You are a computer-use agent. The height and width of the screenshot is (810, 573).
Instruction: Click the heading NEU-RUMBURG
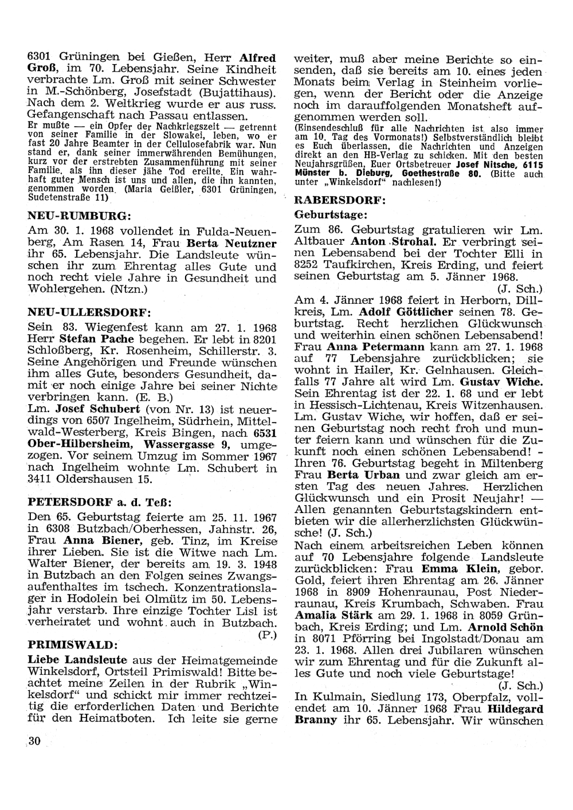(x=80, y=216)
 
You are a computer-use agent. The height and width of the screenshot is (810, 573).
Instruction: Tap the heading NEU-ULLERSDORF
(x=89, y=312)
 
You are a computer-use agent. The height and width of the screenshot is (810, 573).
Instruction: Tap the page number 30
(x=34, y=741)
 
